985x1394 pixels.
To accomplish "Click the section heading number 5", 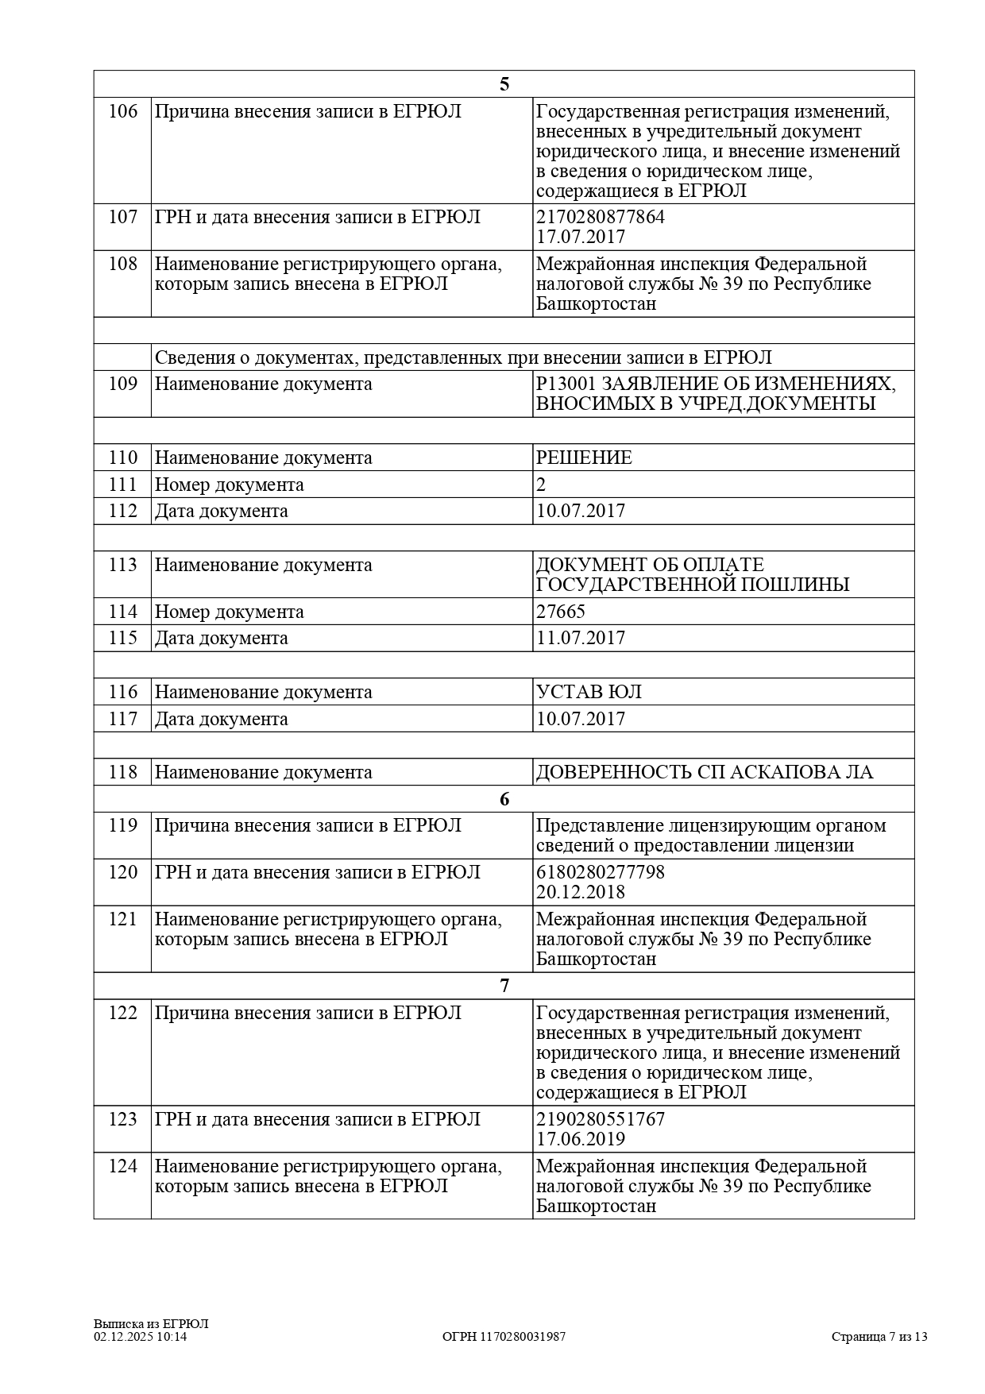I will click(x=504, y=85).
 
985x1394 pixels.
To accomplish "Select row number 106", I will click(x=122, y=111).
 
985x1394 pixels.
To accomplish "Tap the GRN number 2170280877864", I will click(x=601, y=217).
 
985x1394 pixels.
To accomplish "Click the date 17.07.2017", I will click(x=581, y=237).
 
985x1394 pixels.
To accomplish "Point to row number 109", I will click(x=122, y=384).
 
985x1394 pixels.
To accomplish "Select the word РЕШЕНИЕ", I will click(x=584, y=458).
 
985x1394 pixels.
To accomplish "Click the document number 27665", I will click(x=561, y=612).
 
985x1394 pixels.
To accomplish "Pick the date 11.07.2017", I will click(x=581, y=638).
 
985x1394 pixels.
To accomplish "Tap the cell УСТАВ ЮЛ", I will click(x=589, y=692).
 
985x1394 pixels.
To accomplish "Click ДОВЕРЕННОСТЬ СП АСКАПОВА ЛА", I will click(x=705, y=772).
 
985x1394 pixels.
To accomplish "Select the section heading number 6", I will click(x=504, y=799).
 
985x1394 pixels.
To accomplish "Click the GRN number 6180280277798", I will click(x=601, y=872).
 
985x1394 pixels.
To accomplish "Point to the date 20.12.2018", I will click(x=581, y=892).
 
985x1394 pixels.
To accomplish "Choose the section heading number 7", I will click(x=504, y=986).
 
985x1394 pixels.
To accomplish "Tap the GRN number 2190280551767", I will click(x=601, y=1119).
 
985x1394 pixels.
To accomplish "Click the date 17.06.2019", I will click(x=581, y=1139).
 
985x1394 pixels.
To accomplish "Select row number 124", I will click(x=122, y=1166).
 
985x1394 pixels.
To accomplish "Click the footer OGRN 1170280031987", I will click(x=504, y=1337).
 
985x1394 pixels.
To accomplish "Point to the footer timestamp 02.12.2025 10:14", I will click(x=141, y=1337).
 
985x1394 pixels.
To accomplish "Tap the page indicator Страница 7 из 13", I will click(x=879, y=1337).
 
